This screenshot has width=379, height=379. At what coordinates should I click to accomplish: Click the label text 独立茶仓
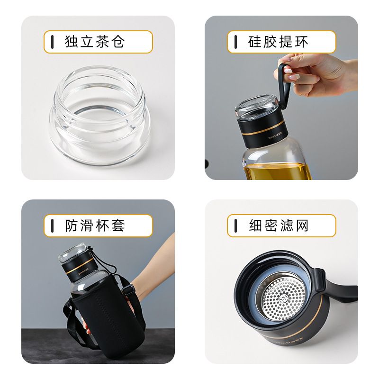pos(94,42)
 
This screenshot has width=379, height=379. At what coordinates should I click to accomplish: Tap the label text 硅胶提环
pos(278,42)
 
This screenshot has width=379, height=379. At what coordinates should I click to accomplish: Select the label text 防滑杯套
pos(94,226)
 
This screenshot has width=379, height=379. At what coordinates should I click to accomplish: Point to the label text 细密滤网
pos(278,226)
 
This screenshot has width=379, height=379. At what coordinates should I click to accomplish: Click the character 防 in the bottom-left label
pos(72,226)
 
